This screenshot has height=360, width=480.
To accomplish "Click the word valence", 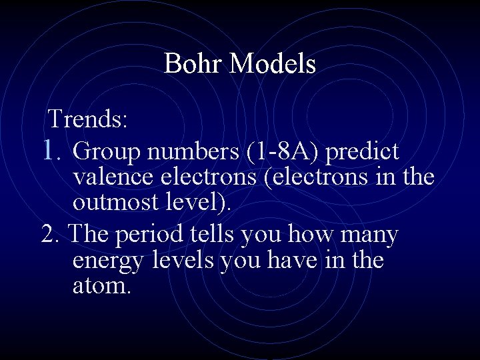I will tap(113, 178).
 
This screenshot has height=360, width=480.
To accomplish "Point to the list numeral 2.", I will tap(51, 235).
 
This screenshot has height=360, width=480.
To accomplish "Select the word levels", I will tap(185, 260).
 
